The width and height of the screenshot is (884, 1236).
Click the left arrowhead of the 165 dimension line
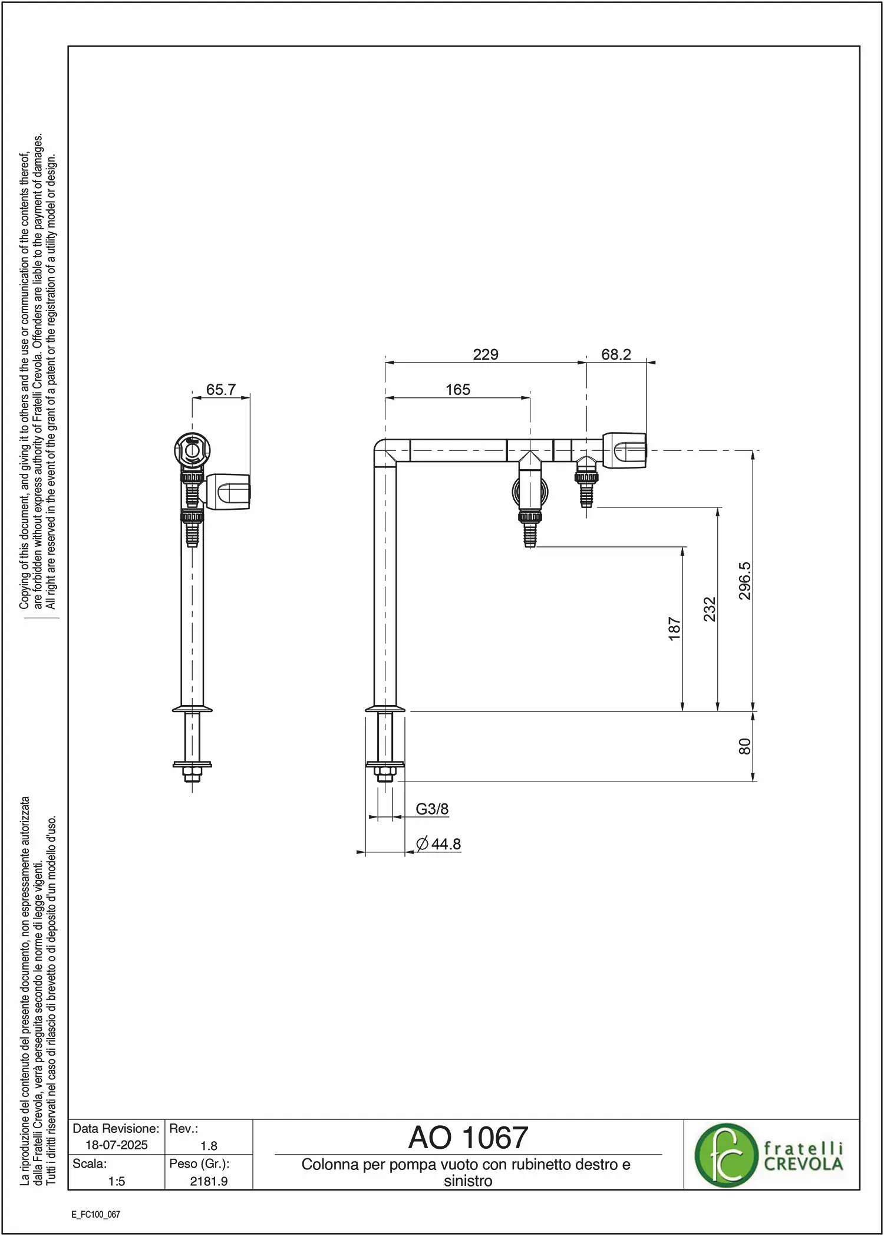click(x=390, y=398)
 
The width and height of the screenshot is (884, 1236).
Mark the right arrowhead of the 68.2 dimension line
click(x=651, y=362)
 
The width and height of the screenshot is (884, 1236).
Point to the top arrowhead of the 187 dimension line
click(x=682, y=551)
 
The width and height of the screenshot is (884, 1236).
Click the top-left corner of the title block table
click(x=68, y=1119)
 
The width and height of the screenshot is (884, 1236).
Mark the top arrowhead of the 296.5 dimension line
click(x=753, y=454)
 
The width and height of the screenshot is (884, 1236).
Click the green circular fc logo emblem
click(x=725, y=1155)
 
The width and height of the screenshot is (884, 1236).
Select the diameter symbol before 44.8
click(x=422, y=844)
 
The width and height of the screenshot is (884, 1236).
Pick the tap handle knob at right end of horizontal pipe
click(x=625, y=450)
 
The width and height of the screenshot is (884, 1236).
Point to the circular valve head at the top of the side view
click(x=192, y=451)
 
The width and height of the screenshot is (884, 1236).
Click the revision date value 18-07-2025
click(x=117, y=1145)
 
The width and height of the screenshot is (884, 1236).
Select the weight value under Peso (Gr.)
click(x=209, y=1181)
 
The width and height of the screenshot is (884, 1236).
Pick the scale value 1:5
click(x=117, y=1181)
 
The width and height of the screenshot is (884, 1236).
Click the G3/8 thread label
click(x=432, y=809)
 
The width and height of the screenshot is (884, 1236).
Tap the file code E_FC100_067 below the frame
click(x=95, y=1214)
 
